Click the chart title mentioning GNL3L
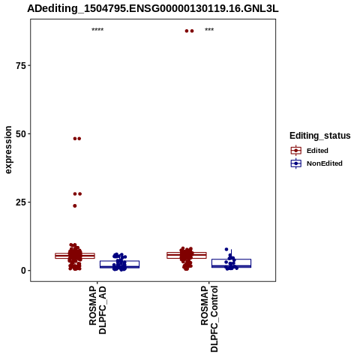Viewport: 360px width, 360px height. [x=153, y=9]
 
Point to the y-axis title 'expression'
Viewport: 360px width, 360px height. [x=8, y=150]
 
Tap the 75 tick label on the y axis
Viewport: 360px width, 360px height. [x=21, y=65]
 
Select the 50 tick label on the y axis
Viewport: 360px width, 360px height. [x=21, y=134]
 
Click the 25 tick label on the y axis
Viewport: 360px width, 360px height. [x=21, y=202]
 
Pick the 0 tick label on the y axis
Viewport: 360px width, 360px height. [x=23, y=271]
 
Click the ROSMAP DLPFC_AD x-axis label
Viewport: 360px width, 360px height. [x=97, y=310]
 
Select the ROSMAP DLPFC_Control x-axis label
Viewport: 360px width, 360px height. [x=209, y=319]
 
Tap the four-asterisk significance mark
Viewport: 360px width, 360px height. [x=97, y=30]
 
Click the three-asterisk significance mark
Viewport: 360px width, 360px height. [x=209, y=30]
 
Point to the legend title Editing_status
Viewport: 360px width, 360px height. [x=320, y=136]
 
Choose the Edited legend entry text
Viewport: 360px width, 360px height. [x=317, y=151]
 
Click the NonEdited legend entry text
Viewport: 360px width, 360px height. [x=325, y=163]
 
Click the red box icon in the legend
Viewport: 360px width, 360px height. [x=296, y=151]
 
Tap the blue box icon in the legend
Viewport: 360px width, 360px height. [x=296, y=163]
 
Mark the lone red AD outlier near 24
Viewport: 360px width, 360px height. [x=75, y=205]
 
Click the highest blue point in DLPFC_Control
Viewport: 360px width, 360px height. [x=226, y=249]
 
